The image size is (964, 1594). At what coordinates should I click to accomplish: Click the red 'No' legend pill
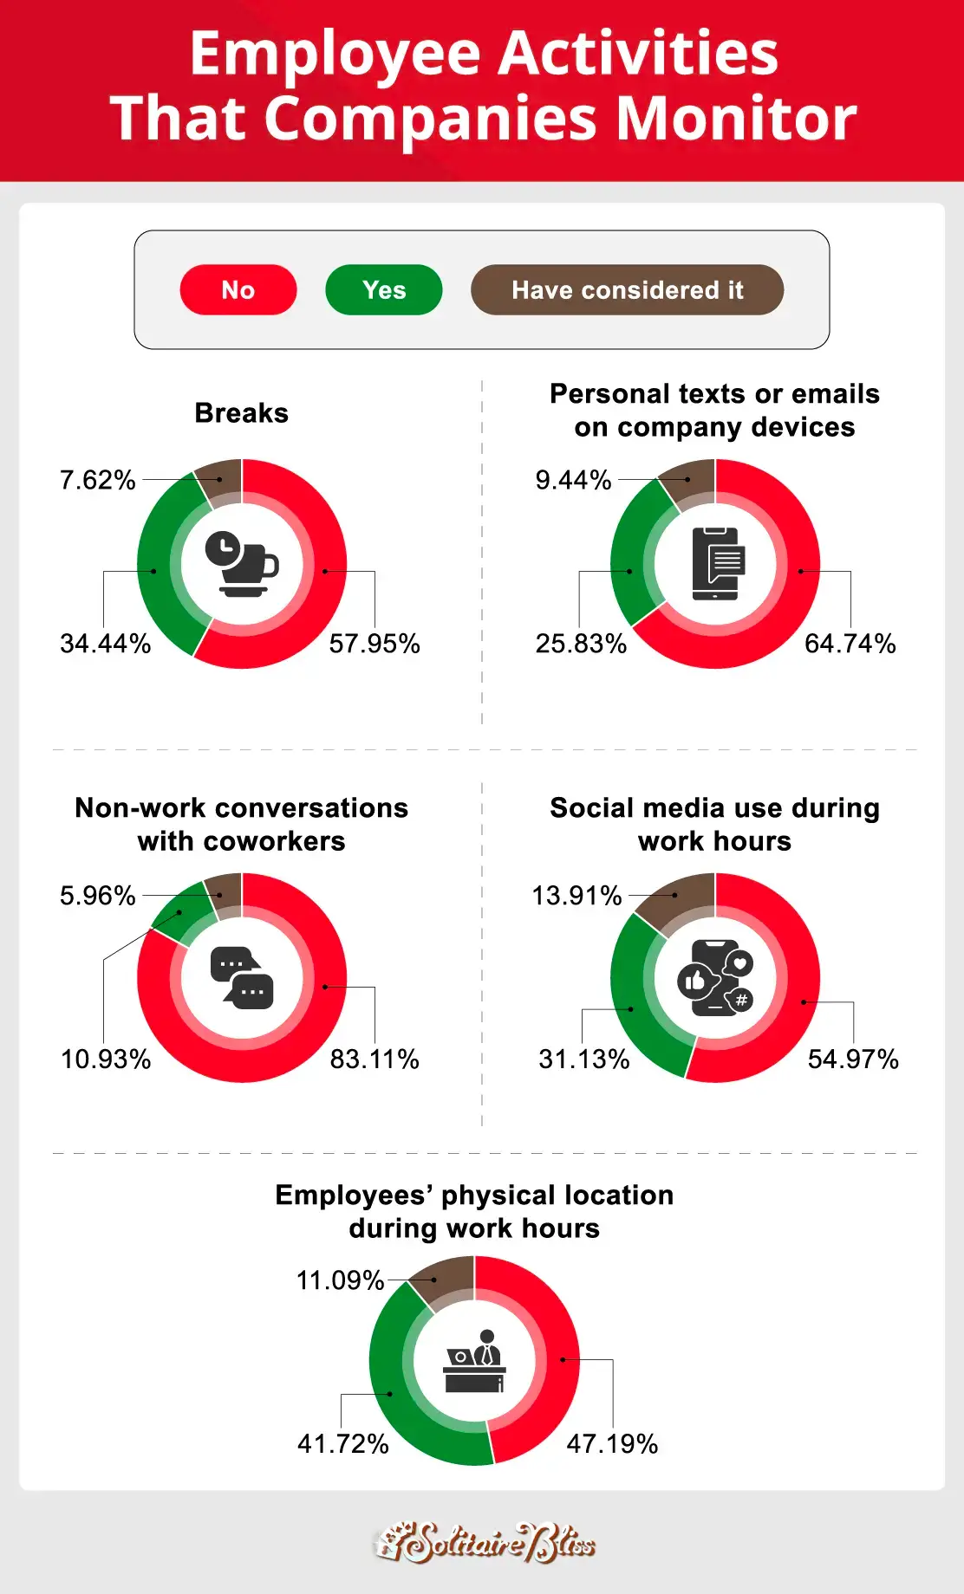tap(238, 289)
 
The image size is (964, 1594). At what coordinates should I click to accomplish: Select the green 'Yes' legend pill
tap(384, 289)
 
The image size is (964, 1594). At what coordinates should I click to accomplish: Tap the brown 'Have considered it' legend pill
tap(627, 289)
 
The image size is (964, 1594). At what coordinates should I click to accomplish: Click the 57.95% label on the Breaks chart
tap(375, 644)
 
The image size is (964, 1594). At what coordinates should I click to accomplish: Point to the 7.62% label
tap(98, 480)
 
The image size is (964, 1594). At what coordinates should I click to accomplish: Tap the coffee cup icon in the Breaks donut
tap(242, 564)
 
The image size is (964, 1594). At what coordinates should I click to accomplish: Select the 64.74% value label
tap(850, 644)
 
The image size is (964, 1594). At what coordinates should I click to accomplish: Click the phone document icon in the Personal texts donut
tap(715, 564)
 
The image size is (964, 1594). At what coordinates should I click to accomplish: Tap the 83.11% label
tap(375, 1059)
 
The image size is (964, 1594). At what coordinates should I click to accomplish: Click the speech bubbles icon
tap(242, 978)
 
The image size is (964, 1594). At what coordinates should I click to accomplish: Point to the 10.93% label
tap(106, 1059)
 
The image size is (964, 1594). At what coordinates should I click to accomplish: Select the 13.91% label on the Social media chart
tap(576, 896)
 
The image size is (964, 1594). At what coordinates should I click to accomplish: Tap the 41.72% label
tap(343, 1443)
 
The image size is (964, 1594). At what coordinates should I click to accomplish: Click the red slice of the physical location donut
tap(559, 1360)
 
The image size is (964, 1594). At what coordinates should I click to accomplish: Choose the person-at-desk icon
tap(474, 1361)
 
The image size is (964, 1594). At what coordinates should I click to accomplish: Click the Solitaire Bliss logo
tap(485, 1543)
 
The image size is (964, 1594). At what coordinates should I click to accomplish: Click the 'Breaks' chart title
tap(241, 413)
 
